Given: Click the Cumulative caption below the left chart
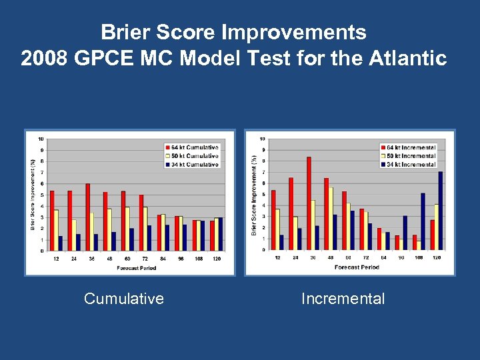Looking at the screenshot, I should pos(124,299).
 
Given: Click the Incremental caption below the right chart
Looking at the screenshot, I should pos(343,299).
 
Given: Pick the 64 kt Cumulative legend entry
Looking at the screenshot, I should pos(193,147).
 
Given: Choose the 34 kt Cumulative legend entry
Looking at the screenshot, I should pos(193,164).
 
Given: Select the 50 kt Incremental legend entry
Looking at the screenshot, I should pos(411,156).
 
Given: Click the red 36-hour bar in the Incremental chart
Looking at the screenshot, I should pos(309,203).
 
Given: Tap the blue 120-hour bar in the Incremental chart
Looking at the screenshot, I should pos(440,211).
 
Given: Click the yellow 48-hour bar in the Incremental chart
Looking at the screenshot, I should pos(331,218).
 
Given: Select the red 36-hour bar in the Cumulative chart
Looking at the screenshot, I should pos(87,217).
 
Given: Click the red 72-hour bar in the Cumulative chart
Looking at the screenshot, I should pos(141,223).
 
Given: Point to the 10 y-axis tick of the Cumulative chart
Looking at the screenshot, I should pos(42,139).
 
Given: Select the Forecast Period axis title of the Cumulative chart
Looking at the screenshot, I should pos(136,268).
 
